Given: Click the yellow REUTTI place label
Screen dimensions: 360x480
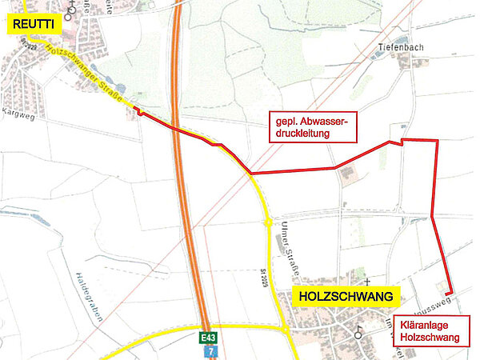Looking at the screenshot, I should pyautogui.click(x=32, y=26).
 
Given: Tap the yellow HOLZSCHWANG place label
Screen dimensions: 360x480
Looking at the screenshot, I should pyautogui.click(x=347, y=297).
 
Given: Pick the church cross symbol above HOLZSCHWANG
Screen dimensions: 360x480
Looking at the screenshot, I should pyautogui.click(x=366, y=282).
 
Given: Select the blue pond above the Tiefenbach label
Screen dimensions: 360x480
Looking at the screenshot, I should pyautogui.click(x=401, y=38).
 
